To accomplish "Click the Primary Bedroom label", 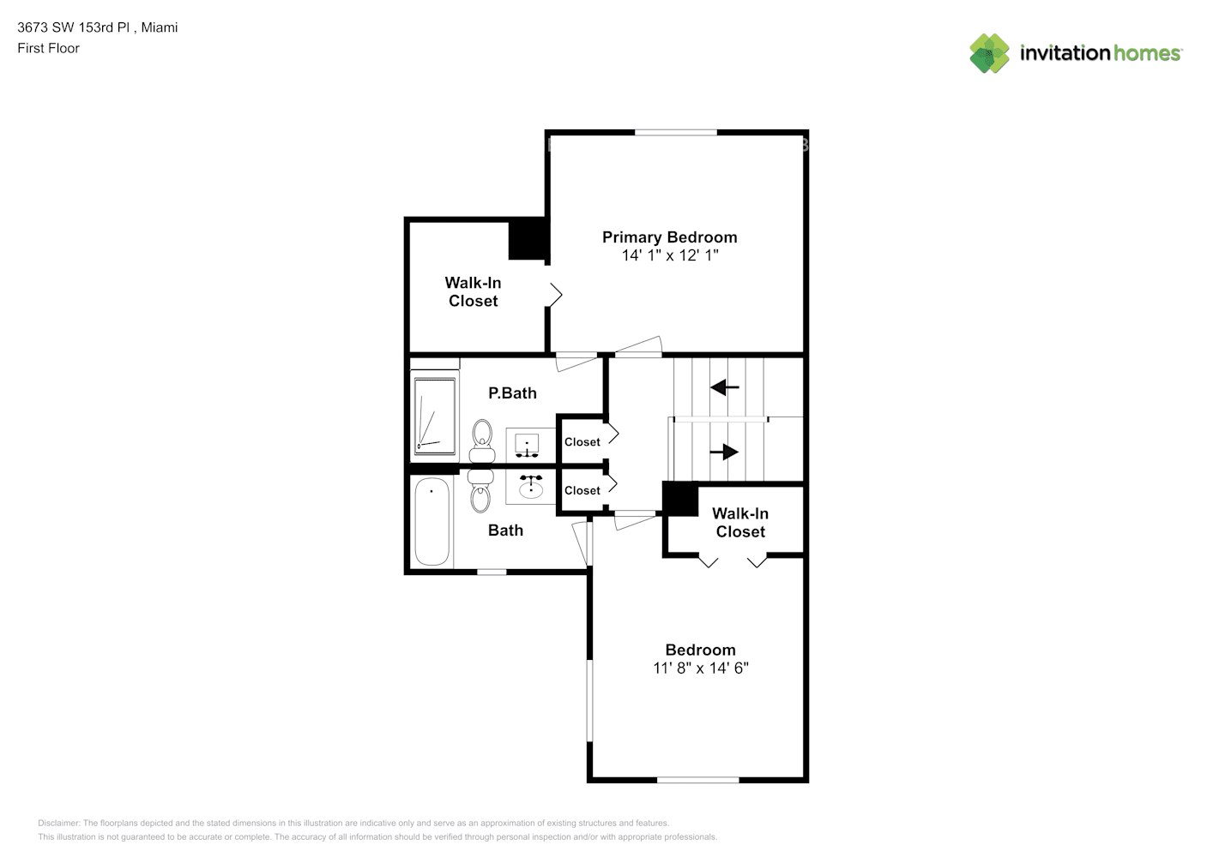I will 669,237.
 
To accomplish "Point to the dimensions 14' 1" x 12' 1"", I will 669,255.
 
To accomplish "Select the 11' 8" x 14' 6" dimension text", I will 700,668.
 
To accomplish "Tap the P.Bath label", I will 512,393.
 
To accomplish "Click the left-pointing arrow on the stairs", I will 725,387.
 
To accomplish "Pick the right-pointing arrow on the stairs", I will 725,452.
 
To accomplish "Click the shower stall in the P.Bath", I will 435,416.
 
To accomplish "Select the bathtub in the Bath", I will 431,522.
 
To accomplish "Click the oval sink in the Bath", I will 531,488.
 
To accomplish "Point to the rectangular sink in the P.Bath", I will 527,444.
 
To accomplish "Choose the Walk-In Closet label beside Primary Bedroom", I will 473,291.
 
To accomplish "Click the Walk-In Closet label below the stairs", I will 740,523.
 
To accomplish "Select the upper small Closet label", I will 582,442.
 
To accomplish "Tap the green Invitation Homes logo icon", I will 989,53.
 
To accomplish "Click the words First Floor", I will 48,49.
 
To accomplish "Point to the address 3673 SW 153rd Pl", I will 74,27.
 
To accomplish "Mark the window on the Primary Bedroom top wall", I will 676,132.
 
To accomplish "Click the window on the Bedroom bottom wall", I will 698,780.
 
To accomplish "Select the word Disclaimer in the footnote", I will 58,824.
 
